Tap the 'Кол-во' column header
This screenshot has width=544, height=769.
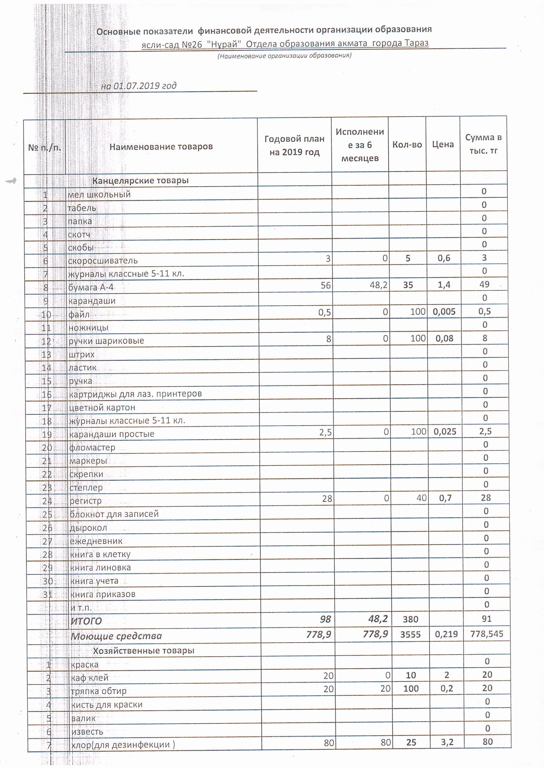point(407,145)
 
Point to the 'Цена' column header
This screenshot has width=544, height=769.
point(443,144)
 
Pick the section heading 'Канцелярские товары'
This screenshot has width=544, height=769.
point(140,181)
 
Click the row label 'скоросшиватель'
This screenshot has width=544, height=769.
point(103,261)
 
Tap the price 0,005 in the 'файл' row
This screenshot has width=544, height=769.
point(444,312)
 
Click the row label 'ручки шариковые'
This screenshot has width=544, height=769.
point(106,341)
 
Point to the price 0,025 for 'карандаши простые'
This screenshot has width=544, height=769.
point(445,431)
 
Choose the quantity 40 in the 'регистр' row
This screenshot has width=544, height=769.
point(421,498)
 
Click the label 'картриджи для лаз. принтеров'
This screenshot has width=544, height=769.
point(135,394)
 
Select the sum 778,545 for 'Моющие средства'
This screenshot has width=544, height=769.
point(487,634)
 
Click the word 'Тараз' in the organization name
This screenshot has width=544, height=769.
point(416,43)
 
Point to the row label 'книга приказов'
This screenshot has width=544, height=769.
point(103,594)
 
